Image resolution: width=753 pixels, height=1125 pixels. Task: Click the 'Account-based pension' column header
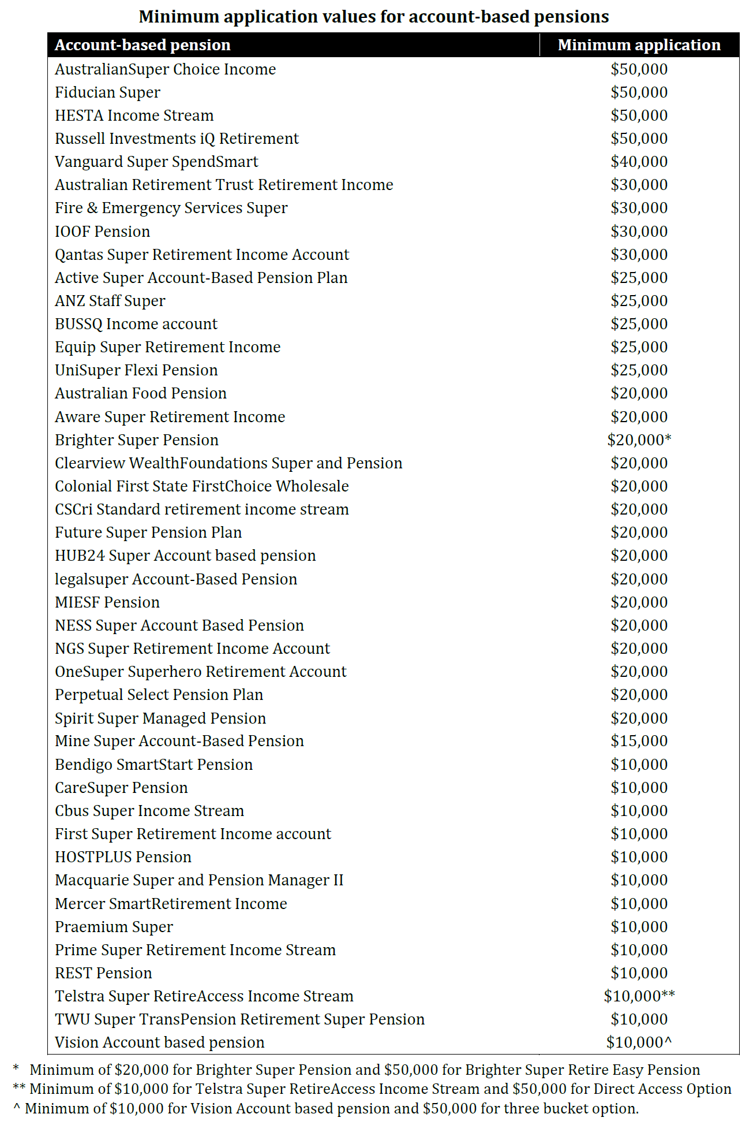143,45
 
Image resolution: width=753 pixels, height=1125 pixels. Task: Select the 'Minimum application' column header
639,45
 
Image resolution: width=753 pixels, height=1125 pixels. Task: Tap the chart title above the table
374,17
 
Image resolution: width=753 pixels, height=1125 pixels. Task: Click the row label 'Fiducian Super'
108,92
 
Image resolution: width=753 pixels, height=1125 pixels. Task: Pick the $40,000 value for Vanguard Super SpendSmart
639,162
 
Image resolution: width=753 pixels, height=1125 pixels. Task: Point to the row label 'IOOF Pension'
103,232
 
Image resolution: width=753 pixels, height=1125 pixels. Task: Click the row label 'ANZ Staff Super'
110,301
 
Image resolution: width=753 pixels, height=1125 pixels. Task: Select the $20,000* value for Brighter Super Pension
639,440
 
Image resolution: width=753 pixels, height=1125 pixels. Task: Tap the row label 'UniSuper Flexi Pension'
136,370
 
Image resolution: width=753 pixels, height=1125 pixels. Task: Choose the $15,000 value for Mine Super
639,741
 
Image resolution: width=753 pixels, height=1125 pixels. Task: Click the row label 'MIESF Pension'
107,602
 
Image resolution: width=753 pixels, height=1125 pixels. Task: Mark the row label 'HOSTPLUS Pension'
123,857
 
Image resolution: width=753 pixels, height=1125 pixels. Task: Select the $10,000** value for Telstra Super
639,996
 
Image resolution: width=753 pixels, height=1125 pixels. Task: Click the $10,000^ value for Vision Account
639,1042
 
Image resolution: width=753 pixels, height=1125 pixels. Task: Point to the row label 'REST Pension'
103,973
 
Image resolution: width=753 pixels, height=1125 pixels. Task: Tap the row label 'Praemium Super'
114,927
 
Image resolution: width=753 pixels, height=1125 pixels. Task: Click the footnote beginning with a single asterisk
356,1070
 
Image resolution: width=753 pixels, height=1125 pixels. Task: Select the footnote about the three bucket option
326,1109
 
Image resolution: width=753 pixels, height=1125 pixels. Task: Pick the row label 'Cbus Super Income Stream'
149,811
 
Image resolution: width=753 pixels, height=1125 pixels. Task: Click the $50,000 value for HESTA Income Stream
639,116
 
